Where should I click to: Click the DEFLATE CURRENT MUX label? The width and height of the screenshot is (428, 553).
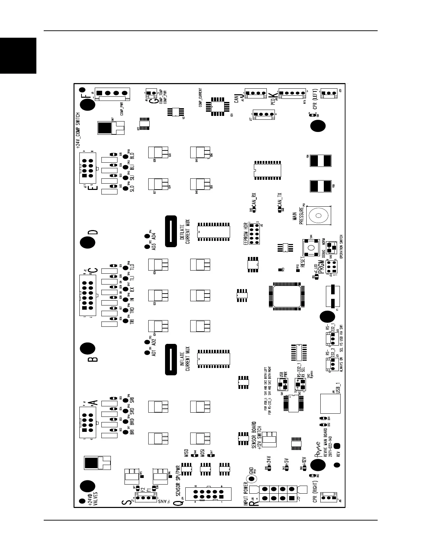coord(185,232)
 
